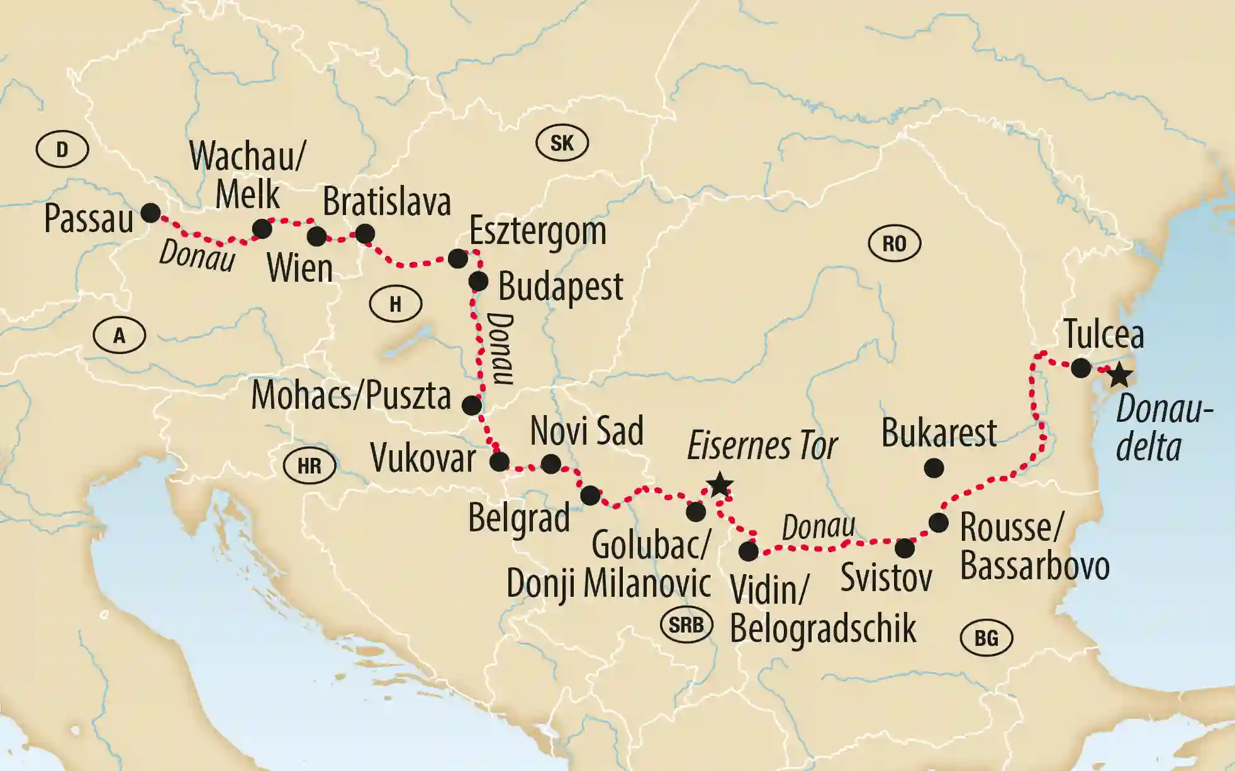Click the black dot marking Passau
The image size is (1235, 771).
(x=150, y=213)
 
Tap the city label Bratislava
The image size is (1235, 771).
(x=386, y=202)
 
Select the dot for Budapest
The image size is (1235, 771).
(x=478, y=282)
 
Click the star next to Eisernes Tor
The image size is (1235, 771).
(x=720, y=485)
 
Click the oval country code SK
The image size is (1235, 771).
(x=562, y=143)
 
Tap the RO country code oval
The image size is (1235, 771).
(x=894, y=243)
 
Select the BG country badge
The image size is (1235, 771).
(x=986, y=638)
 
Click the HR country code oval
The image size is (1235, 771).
(x=309, y=466)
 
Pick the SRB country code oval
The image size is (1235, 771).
(x=686, y=625)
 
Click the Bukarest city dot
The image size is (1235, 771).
(x=934, y=468)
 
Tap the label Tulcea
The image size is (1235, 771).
(x=1104, y=335)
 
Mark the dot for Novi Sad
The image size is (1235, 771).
(x=550, y=464)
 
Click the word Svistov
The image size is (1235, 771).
(x=886, y=578)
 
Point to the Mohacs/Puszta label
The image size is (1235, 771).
(x=351, y=396)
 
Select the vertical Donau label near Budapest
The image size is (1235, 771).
(x=500, y=348)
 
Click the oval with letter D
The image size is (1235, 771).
(x=62, y=150)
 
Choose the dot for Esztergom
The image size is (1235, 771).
(x=458, y=258)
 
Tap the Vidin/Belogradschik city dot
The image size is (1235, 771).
(x=748, y=552)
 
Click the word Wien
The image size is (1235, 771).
(x=299, y=269)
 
